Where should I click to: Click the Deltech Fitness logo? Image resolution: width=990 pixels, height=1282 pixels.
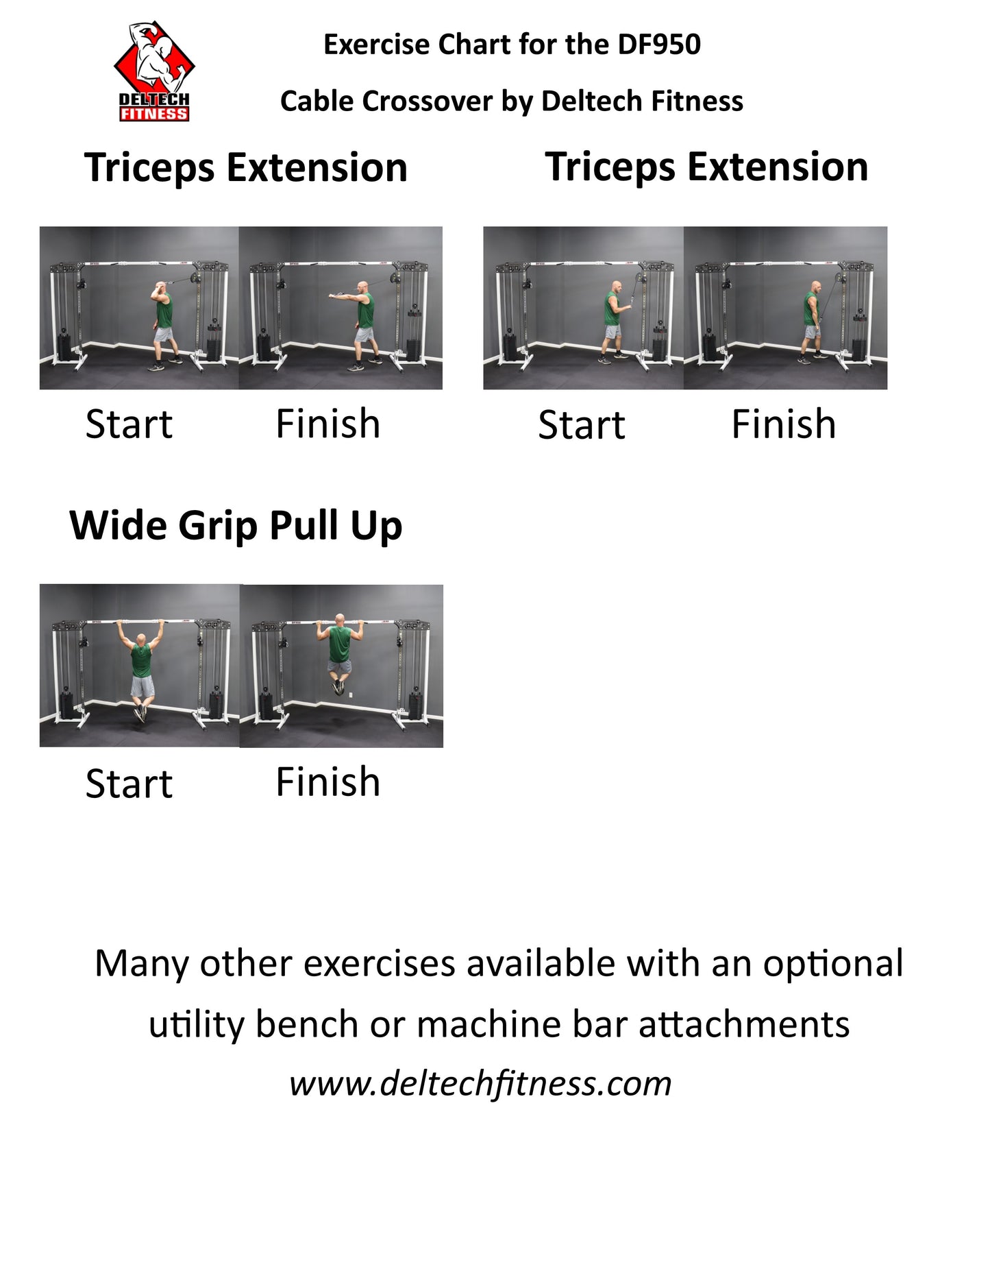(154, 72)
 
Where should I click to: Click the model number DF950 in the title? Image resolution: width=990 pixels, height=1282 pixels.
(658, 45)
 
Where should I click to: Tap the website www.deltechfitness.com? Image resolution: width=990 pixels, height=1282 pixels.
(480, 1084)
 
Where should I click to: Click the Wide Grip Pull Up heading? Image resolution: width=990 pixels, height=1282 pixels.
(236, 527)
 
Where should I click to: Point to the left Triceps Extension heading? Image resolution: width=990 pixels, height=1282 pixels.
(246, 168)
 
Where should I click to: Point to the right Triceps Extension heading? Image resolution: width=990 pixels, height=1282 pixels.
(706, 167)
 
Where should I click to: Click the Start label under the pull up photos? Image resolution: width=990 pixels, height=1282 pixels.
(129, 784)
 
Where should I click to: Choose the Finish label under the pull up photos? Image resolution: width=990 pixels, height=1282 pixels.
(327, 782)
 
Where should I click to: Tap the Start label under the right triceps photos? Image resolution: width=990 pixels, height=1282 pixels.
(582, 425)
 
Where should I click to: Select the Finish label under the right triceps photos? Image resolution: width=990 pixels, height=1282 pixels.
(784, 424)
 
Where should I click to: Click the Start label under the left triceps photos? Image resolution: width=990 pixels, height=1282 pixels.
(129, 424)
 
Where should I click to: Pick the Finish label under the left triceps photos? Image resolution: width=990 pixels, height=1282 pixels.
(327, 424)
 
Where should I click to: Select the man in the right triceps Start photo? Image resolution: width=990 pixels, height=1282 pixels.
(614, 319)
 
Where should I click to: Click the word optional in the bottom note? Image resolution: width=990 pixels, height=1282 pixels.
(833, 965)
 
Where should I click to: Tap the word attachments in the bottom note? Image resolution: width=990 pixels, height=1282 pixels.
(744, 1025)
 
